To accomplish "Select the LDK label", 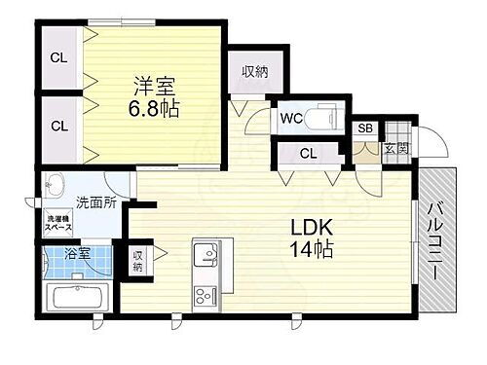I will click(x=311, y=227).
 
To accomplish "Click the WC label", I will click(x=289, y=120).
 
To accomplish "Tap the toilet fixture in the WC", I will click(x=318, y=119).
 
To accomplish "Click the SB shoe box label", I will click(x=365, y=128).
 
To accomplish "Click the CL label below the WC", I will click(x=308, y=152).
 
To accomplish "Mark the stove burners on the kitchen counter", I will click(x=206, y=295).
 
